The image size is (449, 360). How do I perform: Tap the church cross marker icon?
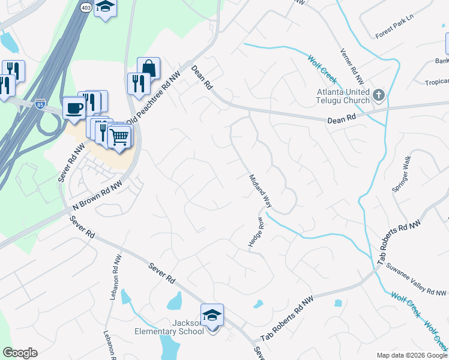(378, 95)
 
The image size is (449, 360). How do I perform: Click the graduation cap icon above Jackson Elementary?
(212, 315)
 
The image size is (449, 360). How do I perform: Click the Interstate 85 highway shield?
(40, 103)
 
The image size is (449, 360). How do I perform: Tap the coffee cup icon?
(74, 107)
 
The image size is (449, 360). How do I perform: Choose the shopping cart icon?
(119, 137)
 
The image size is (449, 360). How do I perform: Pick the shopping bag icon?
(148, 68)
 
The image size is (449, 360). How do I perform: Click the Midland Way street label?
(261, 191)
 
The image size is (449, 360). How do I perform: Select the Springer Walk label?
(402, 174)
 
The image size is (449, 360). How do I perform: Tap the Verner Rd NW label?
(352, 66)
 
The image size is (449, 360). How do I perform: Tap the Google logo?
(20, 353)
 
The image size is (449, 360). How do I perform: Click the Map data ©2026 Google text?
(412, 355)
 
